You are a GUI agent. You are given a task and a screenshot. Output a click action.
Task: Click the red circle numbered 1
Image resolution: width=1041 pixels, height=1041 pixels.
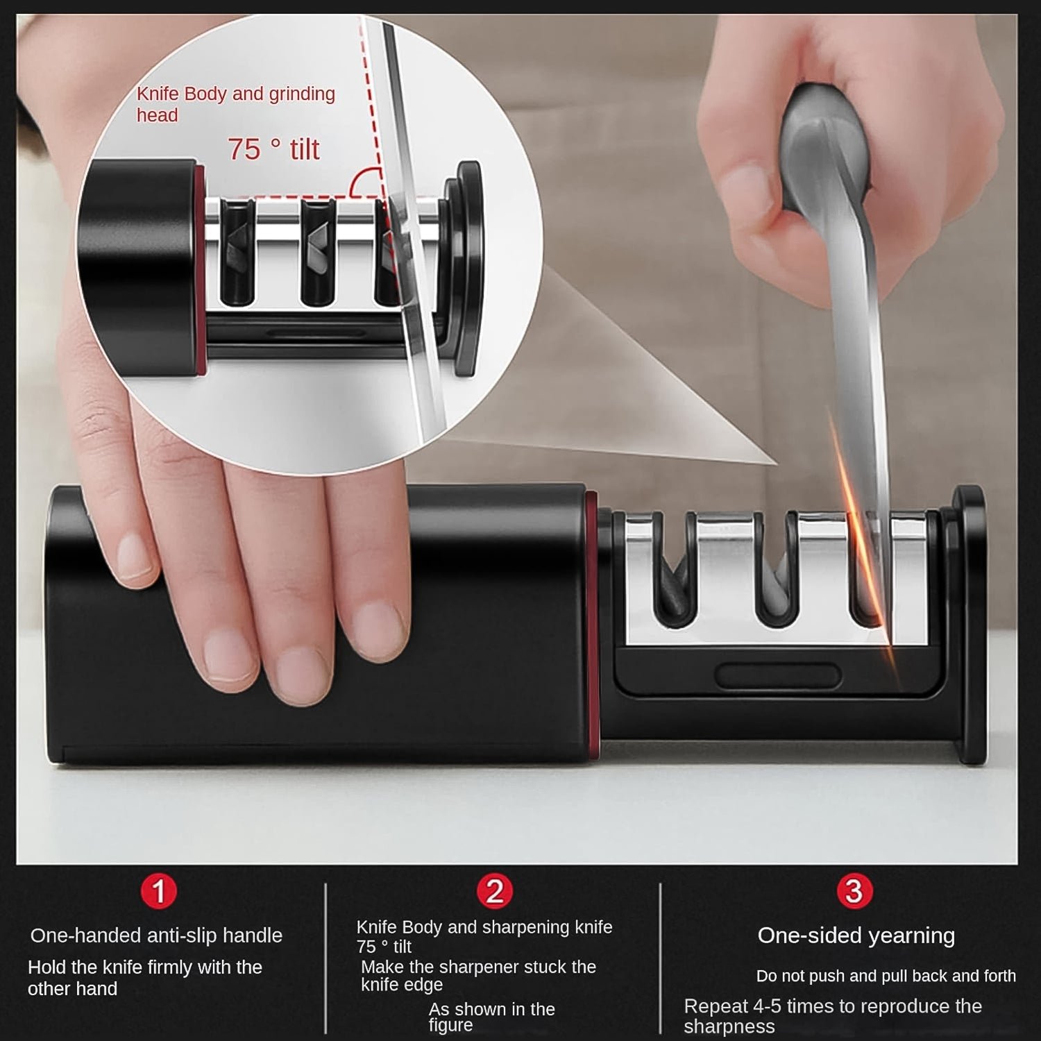tap(159, 891)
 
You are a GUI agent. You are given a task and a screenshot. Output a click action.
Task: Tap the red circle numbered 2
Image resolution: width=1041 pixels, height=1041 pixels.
tap(494, 891)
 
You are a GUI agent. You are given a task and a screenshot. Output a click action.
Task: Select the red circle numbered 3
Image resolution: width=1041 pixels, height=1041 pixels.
tap(854, 891)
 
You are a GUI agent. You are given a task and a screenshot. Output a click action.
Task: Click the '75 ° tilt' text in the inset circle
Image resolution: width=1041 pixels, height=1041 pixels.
tap(273, 149)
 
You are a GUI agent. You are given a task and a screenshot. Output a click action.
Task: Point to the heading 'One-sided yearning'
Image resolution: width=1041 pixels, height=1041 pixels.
tap(856, 936)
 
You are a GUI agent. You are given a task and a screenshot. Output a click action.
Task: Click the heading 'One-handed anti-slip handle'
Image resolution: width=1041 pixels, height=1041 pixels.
tap(156, 936)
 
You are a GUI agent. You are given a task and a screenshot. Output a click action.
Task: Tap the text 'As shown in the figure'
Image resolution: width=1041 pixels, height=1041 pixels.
tap(491, 1017)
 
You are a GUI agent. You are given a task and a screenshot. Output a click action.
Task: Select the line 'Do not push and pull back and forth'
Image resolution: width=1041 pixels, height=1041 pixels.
tap(886, 976)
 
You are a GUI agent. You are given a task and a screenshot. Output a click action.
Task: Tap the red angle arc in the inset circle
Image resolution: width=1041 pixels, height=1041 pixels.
tap(364, 182)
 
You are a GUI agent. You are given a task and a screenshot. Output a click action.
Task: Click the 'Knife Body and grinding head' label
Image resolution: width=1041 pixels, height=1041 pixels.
tap(235, 103)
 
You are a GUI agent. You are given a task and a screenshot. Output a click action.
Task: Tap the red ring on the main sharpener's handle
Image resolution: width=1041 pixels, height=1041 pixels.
tap(591, 625)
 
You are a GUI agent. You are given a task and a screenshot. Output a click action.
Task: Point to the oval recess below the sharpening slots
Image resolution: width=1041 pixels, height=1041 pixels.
tap(777, 675)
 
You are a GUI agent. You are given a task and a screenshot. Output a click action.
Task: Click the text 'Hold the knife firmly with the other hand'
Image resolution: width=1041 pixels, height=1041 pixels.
tap(144, 977)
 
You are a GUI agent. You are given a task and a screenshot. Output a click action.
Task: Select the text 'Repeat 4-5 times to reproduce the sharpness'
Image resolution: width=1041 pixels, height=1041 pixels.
tap(832, 1016)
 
